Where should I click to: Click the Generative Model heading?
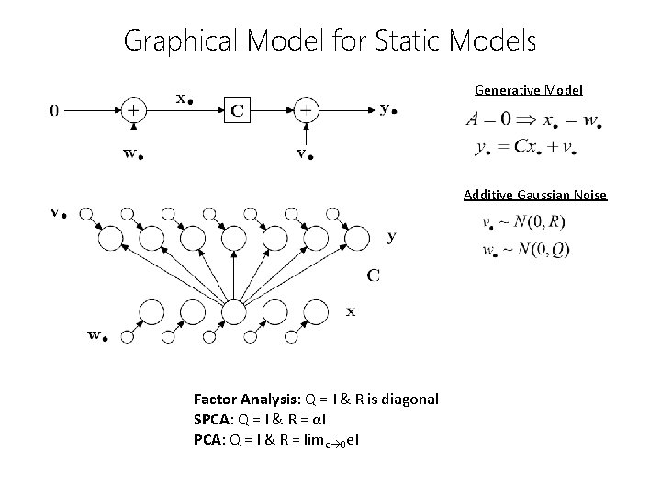point(529,91)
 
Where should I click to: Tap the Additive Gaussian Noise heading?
point(535,195)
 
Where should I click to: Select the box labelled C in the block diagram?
point(237,111)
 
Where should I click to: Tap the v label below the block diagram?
point(302,153)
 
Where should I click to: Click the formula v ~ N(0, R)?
point(522,222)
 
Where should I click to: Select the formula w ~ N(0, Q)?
point(523,250)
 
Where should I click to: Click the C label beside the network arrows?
point(375,274)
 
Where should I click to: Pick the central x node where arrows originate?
point(233,312)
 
